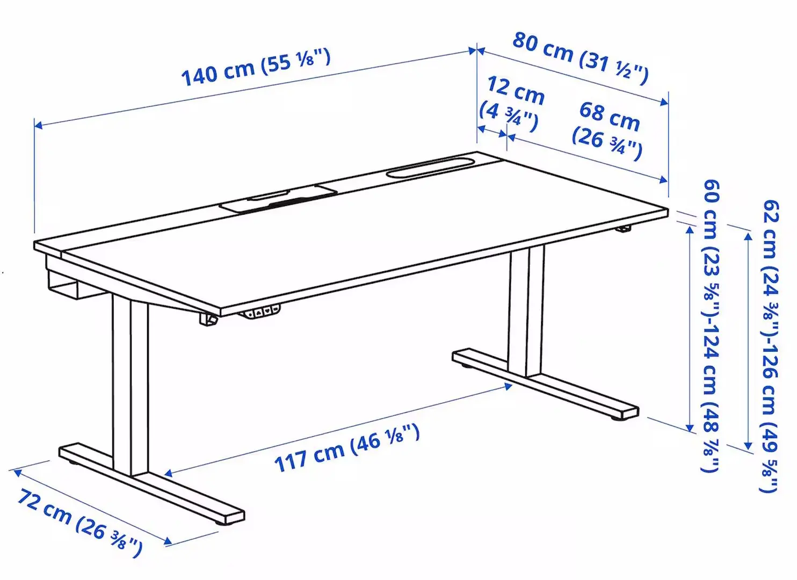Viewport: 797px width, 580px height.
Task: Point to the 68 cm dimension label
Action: tap(607, 130)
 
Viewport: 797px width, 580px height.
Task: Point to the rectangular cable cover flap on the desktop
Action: tap(279, 199)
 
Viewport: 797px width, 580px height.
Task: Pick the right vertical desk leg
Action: tap(526, 311)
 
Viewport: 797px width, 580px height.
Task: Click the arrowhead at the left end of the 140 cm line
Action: tap(38, 126)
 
